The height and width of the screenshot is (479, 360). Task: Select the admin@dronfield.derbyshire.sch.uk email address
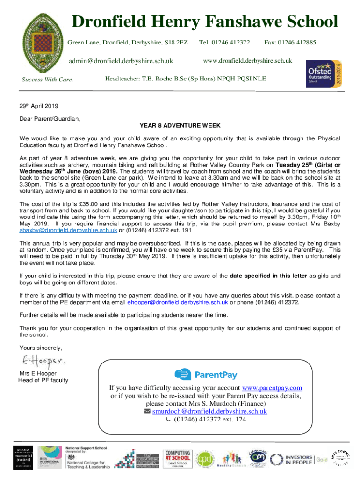pos(121,61)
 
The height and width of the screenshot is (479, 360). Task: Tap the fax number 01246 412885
pos(290,43)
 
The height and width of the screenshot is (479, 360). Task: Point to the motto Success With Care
pos(47,79)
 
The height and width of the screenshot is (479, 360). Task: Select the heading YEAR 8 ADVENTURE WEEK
pos(180,125)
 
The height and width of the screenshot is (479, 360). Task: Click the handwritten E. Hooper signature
pos(43,361)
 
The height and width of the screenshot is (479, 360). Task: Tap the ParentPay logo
pos(206,375)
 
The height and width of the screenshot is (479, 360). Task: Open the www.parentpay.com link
pos(272,388)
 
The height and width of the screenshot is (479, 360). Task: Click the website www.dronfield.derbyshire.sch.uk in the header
pos(247,61)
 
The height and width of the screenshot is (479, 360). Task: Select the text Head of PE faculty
pos(43,380)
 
